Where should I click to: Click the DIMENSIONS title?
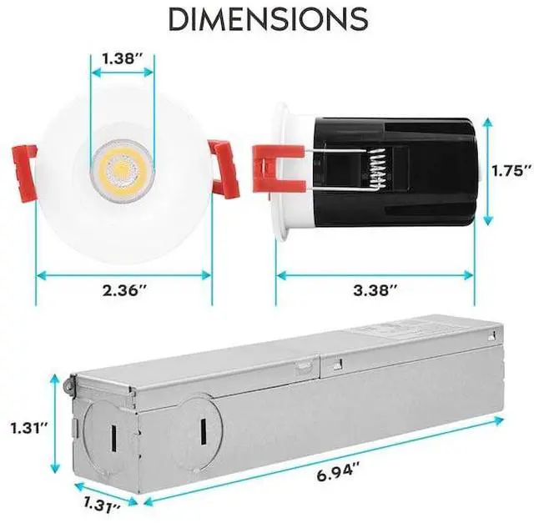click(x=268, y=18)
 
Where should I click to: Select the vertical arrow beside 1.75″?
click(x=488, y=171)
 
